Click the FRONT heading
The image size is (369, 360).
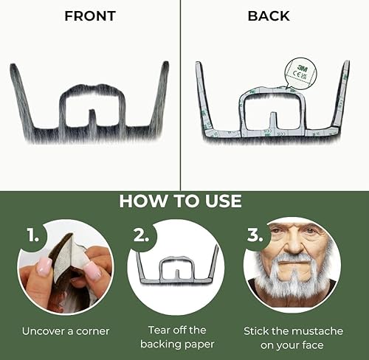point(89,15)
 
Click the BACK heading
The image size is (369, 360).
point(269,15)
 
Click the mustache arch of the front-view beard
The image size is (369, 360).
point(89,92)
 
